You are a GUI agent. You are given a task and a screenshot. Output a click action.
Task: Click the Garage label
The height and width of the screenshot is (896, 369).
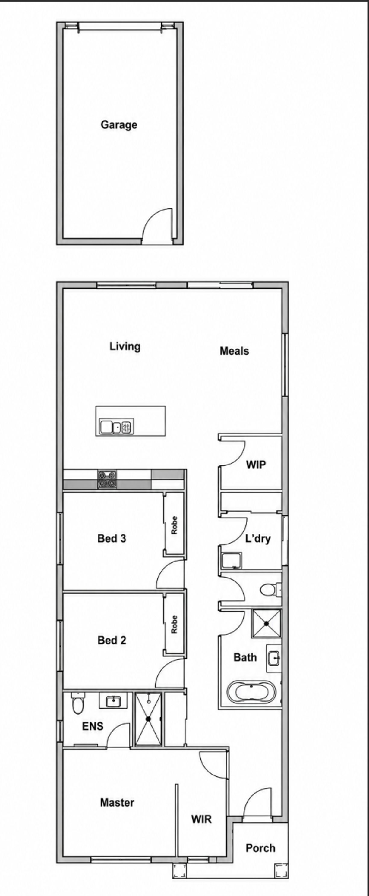pos(119,125)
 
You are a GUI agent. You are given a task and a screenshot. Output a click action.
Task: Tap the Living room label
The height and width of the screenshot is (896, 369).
pos(125,346)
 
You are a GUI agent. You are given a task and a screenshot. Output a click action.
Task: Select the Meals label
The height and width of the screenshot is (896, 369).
pos(234,351)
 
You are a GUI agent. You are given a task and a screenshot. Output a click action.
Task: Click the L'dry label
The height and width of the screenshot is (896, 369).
pos(258,539)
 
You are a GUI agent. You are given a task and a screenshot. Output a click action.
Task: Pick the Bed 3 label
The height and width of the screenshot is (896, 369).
pos(112,539)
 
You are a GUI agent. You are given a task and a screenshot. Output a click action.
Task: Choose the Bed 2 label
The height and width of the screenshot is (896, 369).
pos(112,640)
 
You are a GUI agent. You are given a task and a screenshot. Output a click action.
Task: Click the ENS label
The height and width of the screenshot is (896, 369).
pos(93,726)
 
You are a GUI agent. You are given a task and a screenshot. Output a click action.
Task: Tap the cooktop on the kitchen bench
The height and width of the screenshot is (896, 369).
pos(107,479)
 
